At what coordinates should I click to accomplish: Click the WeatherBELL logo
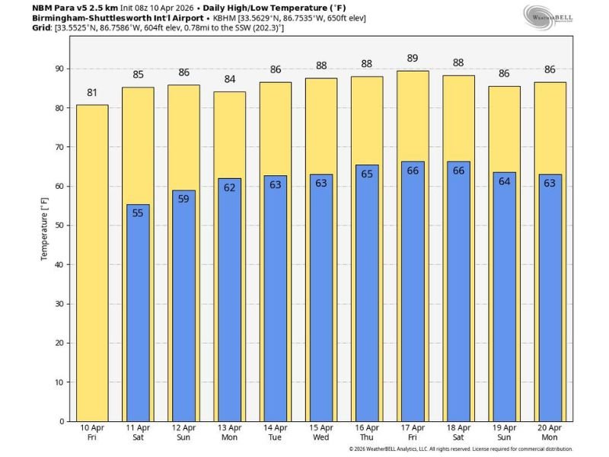(547, 16)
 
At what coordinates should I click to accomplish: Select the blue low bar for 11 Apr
(138, 312)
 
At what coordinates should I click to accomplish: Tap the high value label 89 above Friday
(413, 59)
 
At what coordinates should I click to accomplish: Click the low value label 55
(138, 213)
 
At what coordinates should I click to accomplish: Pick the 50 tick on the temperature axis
(60, 225)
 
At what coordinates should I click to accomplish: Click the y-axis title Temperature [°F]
(44, 225)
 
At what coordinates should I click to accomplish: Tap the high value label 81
(92, 94)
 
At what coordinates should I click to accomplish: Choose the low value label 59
(183, 199)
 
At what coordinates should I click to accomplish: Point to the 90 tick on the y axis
(60, 69)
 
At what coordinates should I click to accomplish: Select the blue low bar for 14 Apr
(276, 298)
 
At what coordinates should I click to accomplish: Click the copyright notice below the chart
(461, 449)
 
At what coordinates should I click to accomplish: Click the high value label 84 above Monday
(229, 80)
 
